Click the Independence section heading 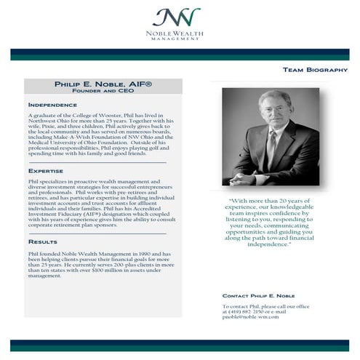[x=52, y=105]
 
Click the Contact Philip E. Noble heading [x=259, y=296]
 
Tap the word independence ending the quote [x=268, y=244]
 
